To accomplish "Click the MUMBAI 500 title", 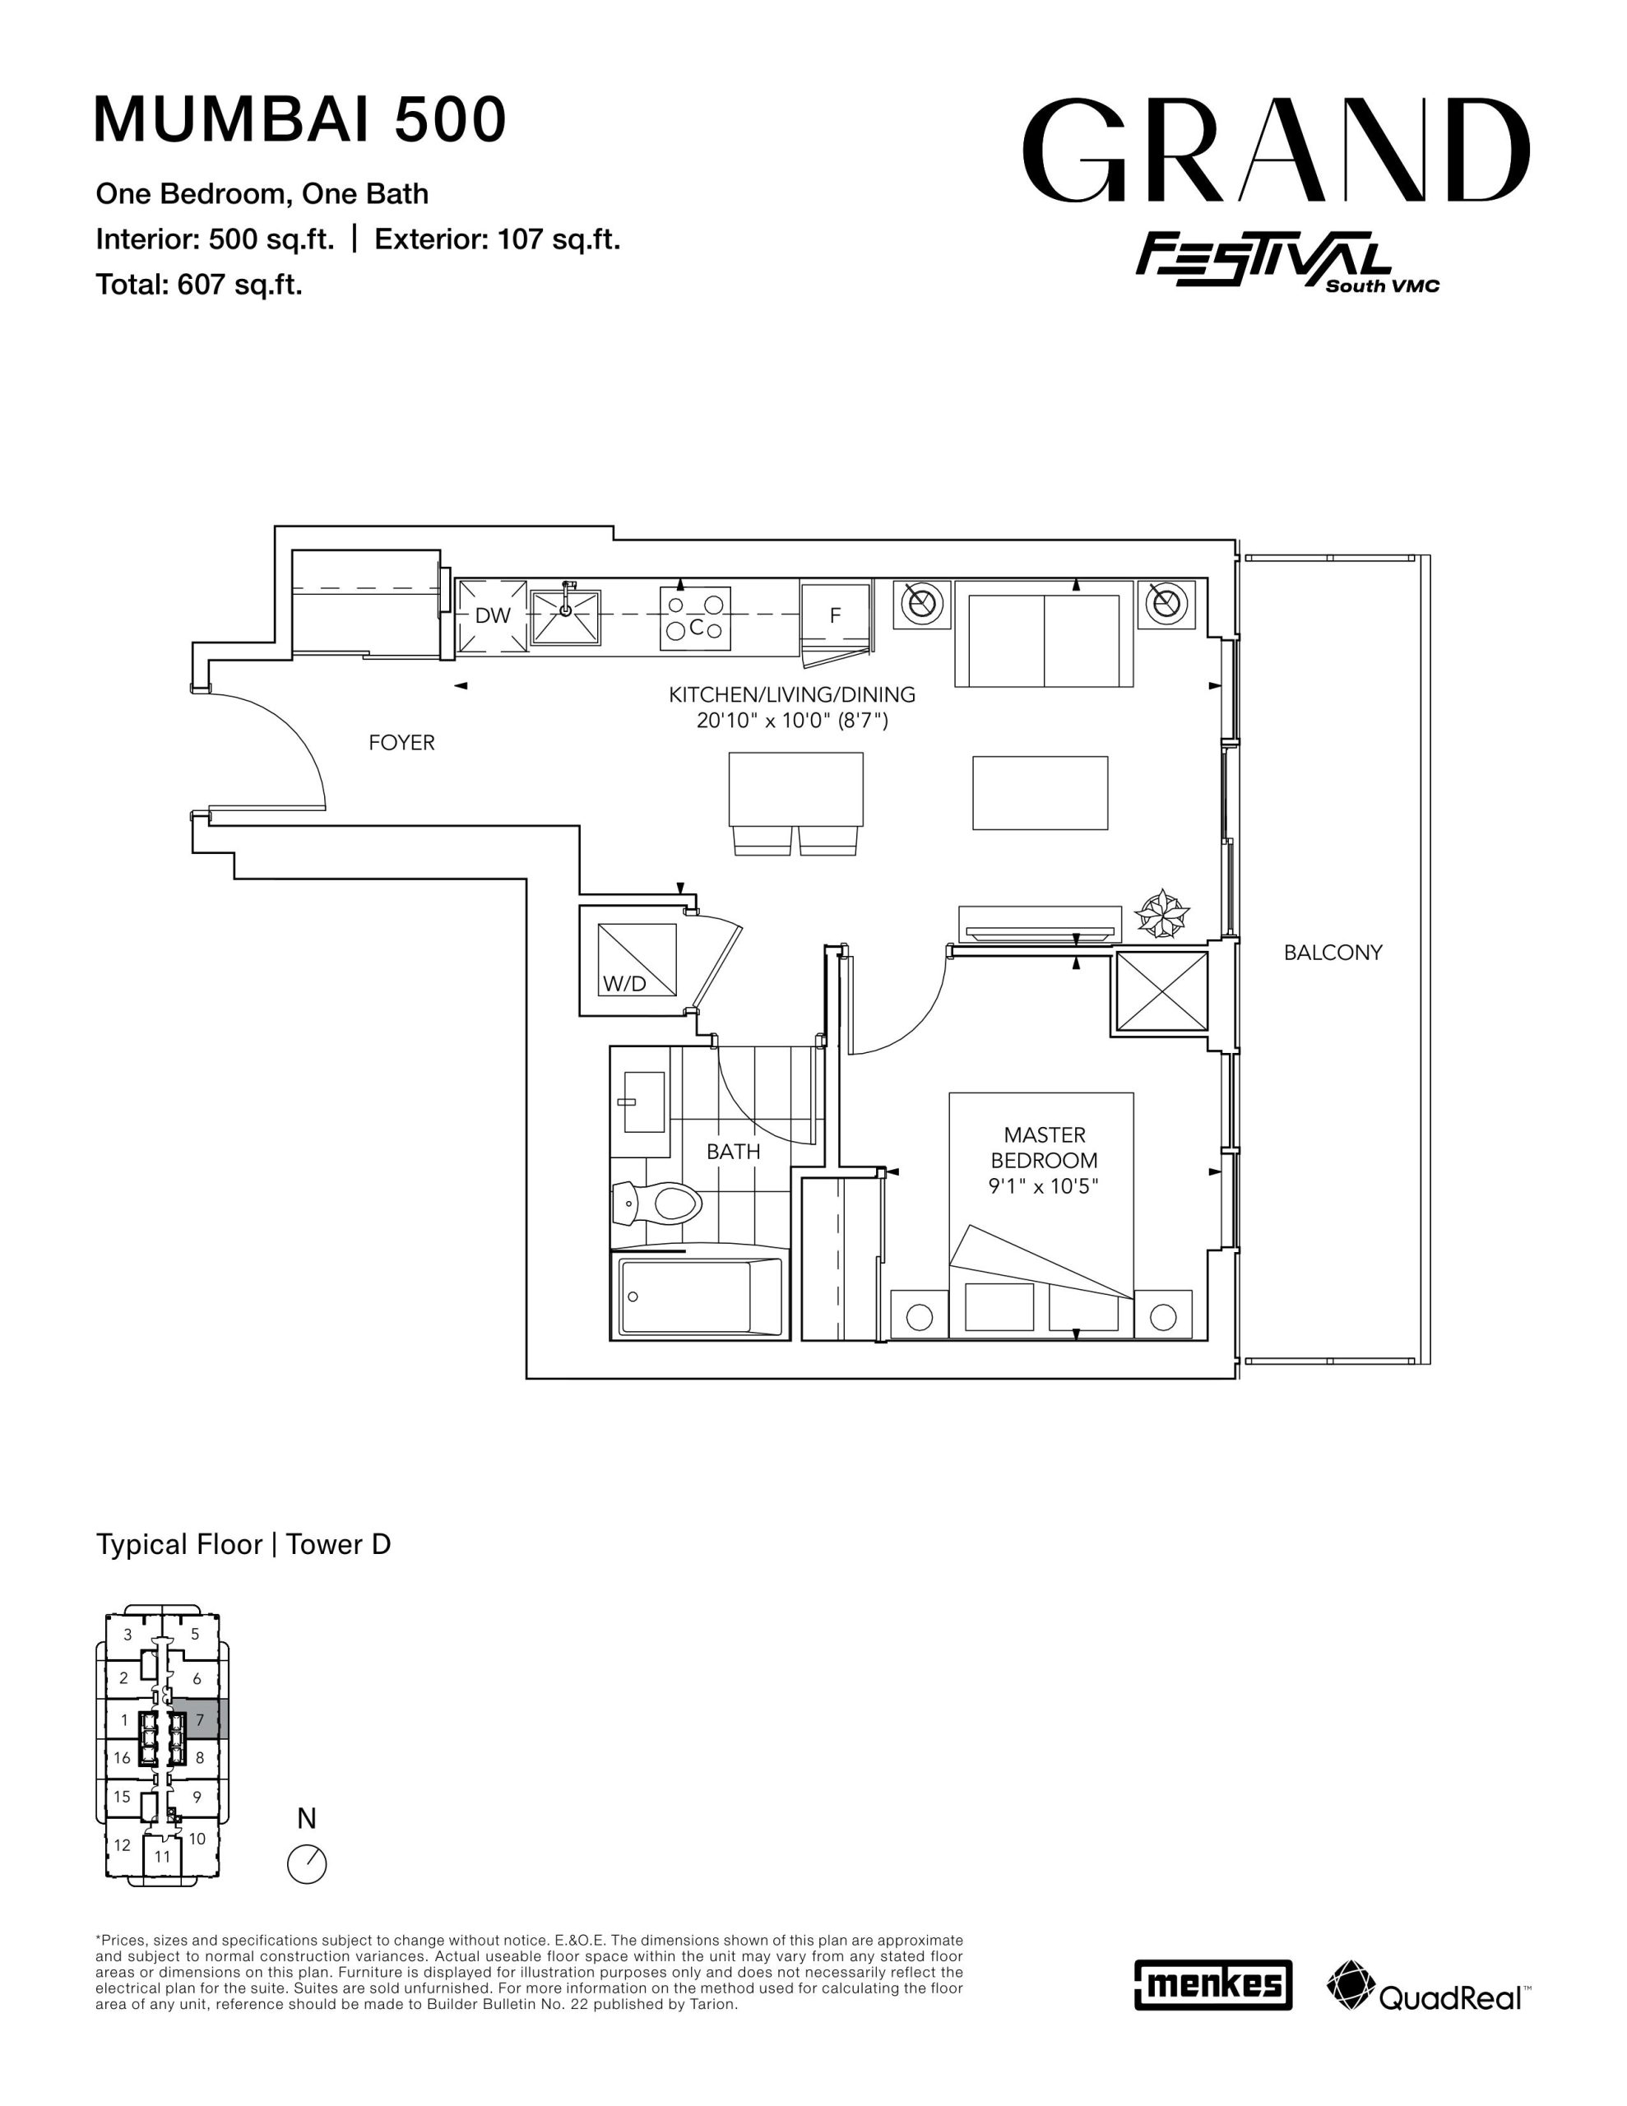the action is tap(300, 119).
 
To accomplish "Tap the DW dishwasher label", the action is tap(493, 615).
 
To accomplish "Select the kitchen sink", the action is tap(565, 616).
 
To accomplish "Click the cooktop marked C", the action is tap(694, 617).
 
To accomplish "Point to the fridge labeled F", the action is tap(837, 615).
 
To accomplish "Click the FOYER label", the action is tap(401, 743).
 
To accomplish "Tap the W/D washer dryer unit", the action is tap(637, 959).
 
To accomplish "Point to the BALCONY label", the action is tap(1333, 953).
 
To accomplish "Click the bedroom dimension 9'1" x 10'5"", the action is tap(1044, 1186).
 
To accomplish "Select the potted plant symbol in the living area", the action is tap(1161, 913).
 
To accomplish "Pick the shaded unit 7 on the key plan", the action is tap(206, 1719).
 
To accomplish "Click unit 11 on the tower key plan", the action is tap(162, 1855).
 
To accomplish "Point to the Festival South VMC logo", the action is tap(1286, 262).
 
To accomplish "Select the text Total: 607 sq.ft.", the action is tap(199, 285).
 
